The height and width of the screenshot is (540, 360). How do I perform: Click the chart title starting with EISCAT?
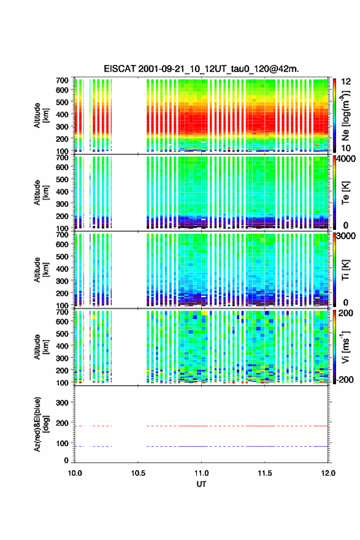(201, 69)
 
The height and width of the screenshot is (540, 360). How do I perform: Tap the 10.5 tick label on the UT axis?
(138, 473)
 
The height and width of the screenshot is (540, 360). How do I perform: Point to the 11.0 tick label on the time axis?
(201, 473)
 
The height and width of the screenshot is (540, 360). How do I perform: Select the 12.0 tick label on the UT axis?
(328, 473)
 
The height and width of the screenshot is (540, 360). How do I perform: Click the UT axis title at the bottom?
(201, 484)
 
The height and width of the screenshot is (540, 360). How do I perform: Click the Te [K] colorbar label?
(345, 193)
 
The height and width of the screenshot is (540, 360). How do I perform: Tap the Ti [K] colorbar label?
(345, 269)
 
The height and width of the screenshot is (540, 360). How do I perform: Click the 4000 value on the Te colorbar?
(346, 160)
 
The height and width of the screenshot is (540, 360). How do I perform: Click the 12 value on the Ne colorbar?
(346, 82)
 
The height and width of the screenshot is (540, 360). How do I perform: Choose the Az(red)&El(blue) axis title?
(41, 424)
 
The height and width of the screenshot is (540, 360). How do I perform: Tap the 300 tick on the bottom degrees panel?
(62, 403)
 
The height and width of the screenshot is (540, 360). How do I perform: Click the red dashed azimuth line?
(201, 426)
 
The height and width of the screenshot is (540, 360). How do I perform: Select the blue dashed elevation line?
(201, 446)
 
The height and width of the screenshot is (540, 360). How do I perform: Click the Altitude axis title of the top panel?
(41, 116)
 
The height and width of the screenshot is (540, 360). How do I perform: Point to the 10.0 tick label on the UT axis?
(75, 473)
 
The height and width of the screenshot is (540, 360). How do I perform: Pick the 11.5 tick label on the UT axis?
(265, 473)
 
